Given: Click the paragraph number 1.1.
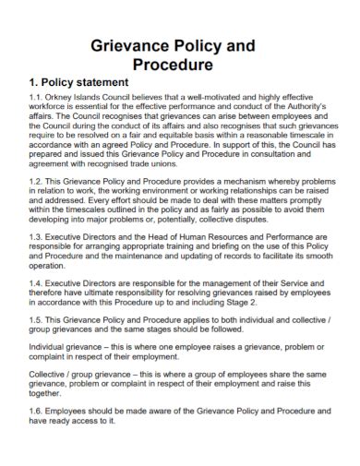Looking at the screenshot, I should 40,96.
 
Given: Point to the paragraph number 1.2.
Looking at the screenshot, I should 40,182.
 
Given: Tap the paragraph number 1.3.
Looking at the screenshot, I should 40,236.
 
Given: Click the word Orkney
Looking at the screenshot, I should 66,96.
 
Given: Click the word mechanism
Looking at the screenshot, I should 263,182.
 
